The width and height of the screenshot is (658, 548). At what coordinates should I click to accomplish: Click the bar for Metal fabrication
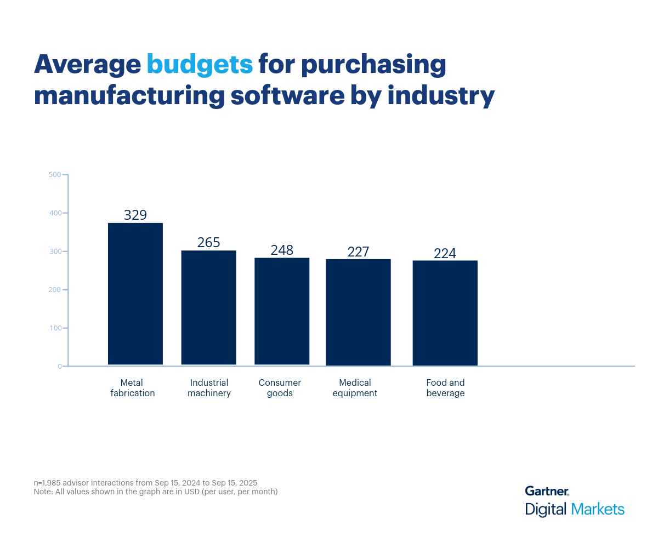[x=135, y=294]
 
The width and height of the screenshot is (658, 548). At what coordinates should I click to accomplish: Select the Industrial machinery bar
[x=208, y=307]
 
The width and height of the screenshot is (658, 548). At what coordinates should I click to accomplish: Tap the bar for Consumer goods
[x=282, y=311]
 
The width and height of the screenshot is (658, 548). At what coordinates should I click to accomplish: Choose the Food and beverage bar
[x=445, y=313]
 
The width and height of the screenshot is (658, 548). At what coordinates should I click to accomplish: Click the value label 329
[x=135, y=215]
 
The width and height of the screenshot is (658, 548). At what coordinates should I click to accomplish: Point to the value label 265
[x=208, y=242]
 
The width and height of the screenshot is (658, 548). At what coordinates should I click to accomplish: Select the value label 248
[x=282, y=250]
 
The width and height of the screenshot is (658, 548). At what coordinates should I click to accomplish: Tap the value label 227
[x=358, y=252]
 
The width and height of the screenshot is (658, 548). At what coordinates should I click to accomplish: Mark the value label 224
[x=445, y=253]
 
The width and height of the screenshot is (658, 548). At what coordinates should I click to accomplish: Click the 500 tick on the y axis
[x=55, y=175]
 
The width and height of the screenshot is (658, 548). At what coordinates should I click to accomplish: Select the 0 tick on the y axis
[x=59, y=366]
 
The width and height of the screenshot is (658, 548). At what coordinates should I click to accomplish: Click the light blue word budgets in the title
[x=200, y=65]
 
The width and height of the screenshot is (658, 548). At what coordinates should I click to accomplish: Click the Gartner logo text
[x=546, y=491]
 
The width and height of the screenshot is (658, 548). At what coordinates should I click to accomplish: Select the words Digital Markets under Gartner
[x=574, y=509]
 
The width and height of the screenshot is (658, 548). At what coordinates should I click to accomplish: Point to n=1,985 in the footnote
[x=52, y=483]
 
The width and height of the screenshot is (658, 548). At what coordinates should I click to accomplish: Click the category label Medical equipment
[x=355, y=388]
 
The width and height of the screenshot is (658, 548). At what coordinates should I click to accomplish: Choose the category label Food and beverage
[x=445, y=388]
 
